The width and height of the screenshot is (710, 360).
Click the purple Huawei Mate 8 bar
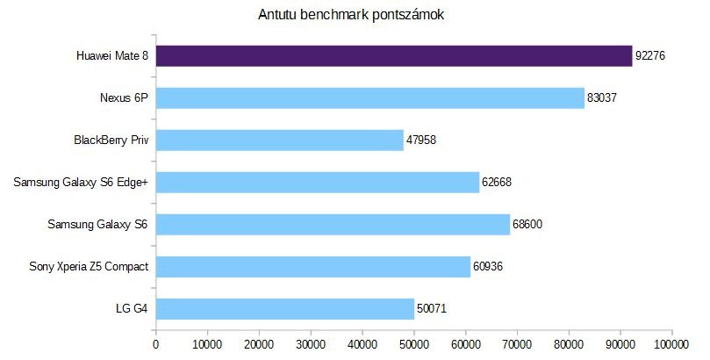(x=394, y=56)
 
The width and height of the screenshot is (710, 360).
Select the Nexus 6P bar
(x=370, y=98)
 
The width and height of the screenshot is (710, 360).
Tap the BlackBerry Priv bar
(x=280, y=140)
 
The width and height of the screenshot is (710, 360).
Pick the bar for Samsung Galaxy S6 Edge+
(x=318, y=183)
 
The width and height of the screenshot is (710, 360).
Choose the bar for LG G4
(x=285, y=309)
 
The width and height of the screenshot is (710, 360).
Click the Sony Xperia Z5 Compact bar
(x=313, y=267)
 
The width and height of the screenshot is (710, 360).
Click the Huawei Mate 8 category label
(x=111, y=57)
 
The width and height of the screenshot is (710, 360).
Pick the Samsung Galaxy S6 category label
(x=97, y=225)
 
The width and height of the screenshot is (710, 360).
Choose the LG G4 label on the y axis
(x=131, y=309)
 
